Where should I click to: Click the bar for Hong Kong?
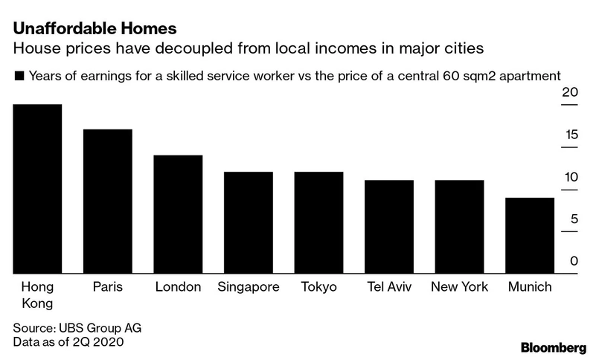point(38,189)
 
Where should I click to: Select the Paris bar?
point(108,202)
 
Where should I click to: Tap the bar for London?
point(178,214)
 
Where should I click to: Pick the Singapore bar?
point(249,222)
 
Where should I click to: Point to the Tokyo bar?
point(318,222)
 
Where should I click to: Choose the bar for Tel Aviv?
point(388,227)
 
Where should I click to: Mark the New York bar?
point(459,227)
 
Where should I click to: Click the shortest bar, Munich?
point(529,236)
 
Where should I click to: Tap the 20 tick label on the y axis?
point(570,93)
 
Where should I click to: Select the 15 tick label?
point(570,135)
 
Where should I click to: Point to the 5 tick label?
point(573,219)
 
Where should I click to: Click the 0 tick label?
point(574,262)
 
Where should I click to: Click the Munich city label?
point(529,287)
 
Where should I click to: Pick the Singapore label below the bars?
point(249,287)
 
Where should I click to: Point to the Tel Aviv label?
point(388,287)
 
